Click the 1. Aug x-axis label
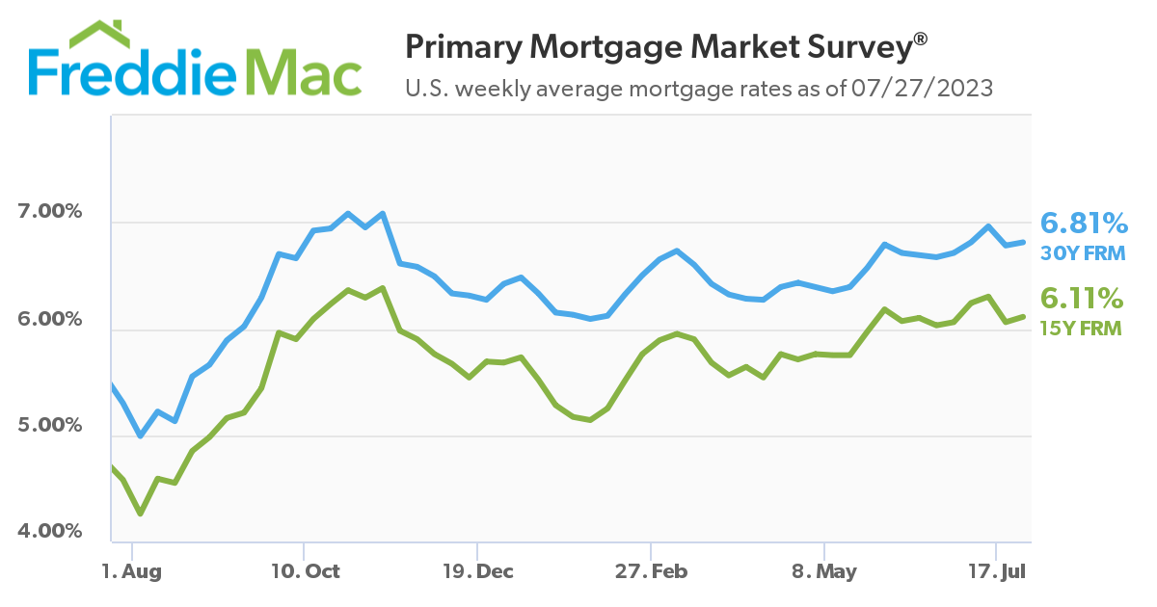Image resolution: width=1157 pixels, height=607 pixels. click(131, 571)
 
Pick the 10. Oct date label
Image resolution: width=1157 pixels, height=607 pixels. click(304, 571)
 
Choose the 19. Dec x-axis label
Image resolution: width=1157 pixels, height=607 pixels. click(477, 571)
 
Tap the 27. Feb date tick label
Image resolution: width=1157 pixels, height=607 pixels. click(651, 571)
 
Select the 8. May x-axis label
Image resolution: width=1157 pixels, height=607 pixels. click(823, 571)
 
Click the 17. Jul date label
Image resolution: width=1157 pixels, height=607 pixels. click(997, 571)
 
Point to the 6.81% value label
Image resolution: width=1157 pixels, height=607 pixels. click(1085, 224)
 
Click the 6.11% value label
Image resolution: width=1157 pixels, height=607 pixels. click(1085, 298)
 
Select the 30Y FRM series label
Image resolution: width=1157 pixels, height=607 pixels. click(1081, 253)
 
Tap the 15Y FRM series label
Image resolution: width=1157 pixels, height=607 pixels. click(1081, 328)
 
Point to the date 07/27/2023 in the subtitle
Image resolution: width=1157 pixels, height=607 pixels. click(922, 90)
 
